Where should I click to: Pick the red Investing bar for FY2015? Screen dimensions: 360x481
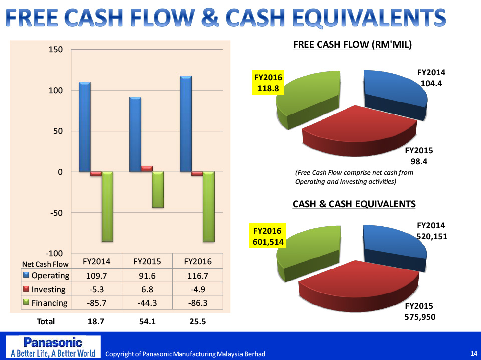147,168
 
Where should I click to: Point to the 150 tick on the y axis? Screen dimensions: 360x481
56,50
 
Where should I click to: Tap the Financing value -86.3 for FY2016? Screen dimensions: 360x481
198,303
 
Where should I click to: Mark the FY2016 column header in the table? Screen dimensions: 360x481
198,261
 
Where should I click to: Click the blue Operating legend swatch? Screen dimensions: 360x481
27,275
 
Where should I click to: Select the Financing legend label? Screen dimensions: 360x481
49,303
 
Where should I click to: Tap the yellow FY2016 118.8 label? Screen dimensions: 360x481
268,83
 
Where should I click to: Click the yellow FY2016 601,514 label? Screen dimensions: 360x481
268,236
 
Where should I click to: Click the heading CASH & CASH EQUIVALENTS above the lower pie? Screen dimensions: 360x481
354,204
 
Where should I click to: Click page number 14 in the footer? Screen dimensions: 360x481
474,354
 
